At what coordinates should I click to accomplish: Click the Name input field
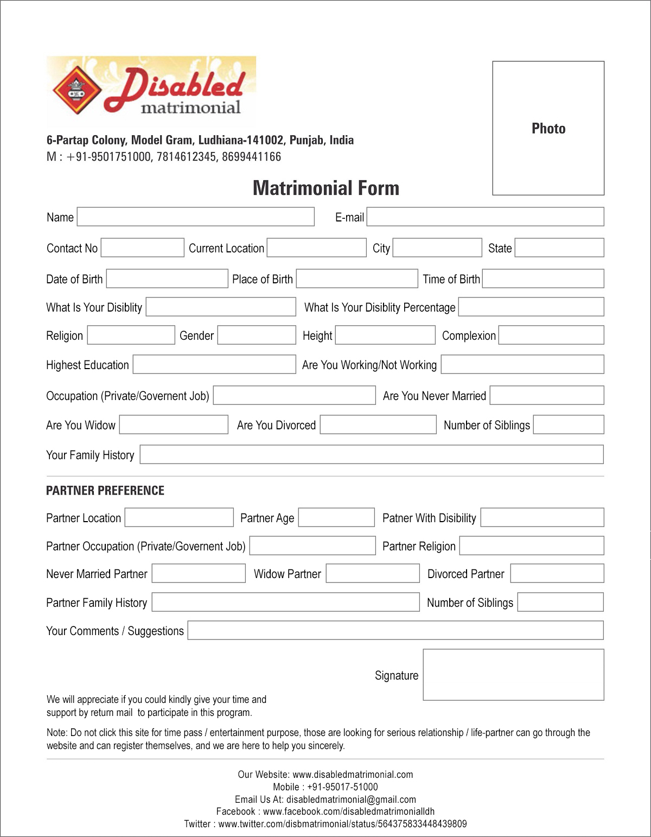pyautogui.click(x=195, y=217)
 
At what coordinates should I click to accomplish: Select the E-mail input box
pyautogui.click(x=485, y=217)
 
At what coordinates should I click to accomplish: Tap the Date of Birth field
pyautogui.click(x=167, y=278)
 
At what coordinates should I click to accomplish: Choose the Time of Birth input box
pyautogui.click(x=542, y=278)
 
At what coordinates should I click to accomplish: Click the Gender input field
pyautogui.click(x=256, y=335)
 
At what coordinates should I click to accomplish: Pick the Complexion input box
pyautogui.click(x=551, y=335)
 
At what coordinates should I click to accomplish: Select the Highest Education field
pyautogui.click(x=214, y=364)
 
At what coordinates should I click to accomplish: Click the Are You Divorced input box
pyautogui.click(x=378, y=424)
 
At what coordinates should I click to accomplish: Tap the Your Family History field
pyautogui.click(x=371, y=454)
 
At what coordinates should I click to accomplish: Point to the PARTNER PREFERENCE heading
pyautogui.click(x=105, y=491)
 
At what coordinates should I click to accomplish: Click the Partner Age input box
pyautogui.click(x=336, y=517)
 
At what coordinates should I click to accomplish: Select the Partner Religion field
pyautogui.click(x=531, y=546)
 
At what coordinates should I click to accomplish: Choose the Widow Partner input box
pyautogui.click(x=372, y=573)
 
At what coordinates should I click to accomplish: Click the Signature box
pyautogui.click(x=513, y=675)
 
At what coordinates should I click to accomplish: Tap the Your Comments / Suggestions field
pyautogui.click(x=395, y=630)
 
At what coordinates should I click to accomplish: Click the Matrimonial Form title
pyautogui.click(x=326, y=188)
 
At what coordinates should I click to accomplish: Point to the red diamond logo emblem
pyautogui.click(x=78, y=90)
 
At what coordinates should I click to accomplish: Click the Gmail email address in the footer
pyautogui.click(x=351, y=800)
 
